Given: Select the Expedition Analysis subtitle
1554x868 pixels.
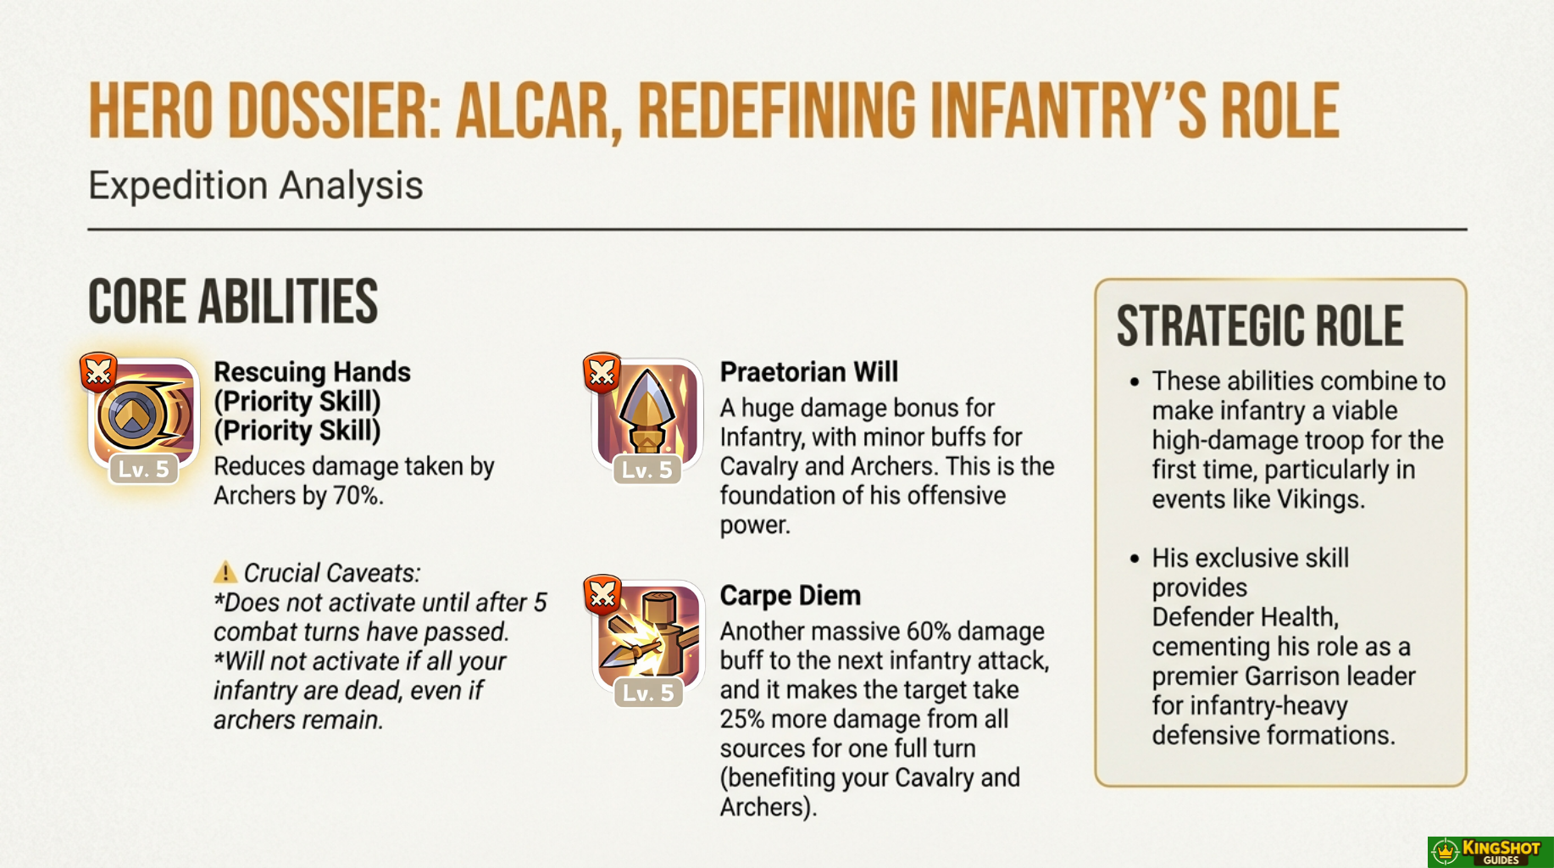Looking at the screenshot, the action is pos(255,186).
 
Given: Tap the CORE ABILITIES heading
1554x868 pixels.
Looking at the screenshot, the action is pos(233,302).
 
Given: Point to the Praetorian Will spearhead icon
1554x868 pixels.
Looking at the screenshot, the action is pos(647,413).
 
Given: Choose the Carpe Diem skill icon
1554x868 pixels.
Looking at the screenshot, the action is pos(647,636).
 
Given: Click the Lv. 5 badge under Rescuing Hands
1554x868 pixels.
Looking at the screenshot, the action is pos(143,469).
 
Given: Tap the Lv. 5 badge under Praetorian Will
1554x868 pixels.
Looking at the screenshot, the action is pos(647,469).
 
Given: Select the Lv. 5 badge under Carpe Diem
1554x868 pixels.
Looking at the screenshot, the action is pos(648,693).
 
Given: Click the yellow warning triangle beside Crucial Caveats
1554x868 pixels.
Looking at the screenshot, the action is pos(225,572).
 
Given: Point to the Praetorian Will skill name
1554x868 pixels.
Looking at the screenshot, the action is pos(809,372).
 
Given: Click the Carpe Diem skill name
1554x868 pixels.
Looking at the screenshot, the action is pos(791,596).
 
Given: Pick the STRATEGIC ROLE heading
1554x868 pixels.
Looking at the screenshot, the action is pos(1260,326).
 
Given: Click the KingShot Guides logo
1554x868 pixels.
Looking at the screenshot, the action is pos(1490,852).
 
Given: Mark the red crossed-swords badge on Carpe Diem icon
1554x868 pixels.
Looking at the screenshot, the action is pos(602,595).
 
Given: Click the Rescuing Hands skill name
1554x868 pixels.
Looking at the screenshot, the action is pos(312,372).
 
